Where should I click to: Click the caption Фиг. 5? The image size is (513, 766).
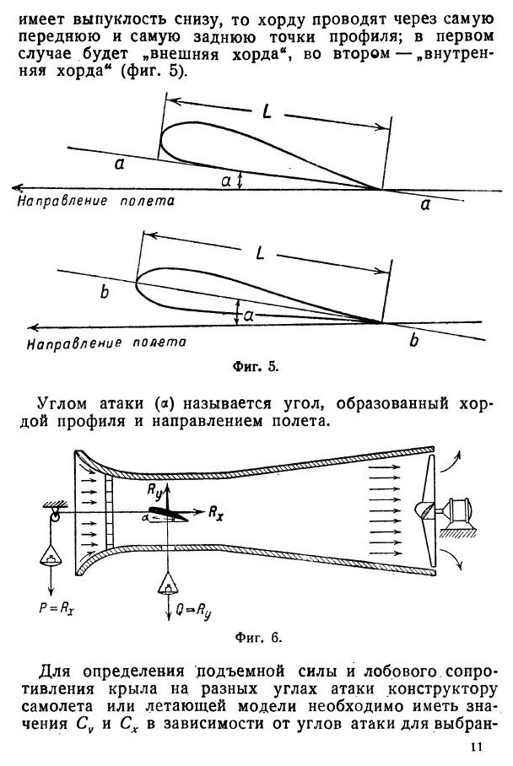256,367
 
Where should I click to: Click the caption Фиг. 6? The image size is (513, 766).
258,637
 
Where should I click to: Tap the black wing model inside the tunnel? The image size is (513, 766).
174,510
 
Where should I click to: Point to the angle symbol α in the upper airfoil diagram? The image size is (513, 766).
224,181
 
